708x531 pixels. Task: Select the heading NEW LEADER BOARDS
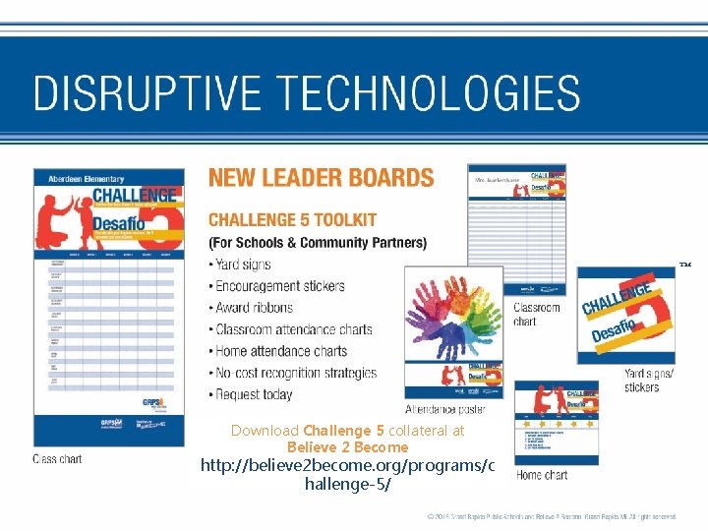click(321, 178)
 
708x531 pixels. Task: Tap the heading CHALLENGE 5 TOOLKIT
click(306, 220)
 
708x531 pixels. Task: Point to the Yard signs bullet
click(243, 265)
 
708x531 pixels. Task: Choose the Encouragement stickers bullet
click(279, 286)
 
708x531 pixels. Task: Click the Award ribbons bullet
click(257, 308)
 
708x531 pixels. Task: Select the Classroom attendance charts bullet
click(293, 329)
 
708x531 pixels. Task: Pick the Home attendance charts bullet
click(281, 351)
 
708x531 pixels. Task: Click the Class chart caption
click(57, 459)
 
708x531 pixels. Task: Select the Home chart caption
click(542, 475)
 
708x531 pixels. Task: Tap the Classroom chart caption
click(537, 314)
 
